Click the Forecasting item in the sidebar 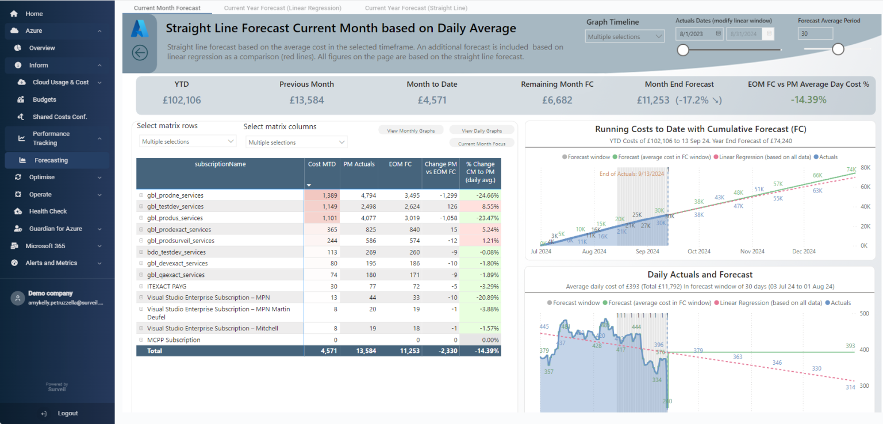click(51, 160)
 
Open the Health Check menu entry click(48, 211)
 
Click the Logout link click(67, 413)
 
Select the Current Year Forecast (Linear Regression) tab click(282, 8)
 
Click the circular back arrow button click(140, 53)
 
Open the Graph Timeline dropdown click(625, 37)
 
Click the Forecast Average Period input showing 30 click(815, 34)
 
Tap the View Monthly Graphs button click(410, 131)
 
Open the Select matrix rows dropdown click(187, 141)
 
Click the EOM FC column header click(400, 164)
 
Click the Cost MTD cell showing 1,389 click(322, 195)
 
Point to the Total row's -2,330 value click(440, 351)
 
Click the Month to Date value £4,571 click(432, 100)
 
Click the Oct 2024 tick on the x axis click(699, 252)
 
